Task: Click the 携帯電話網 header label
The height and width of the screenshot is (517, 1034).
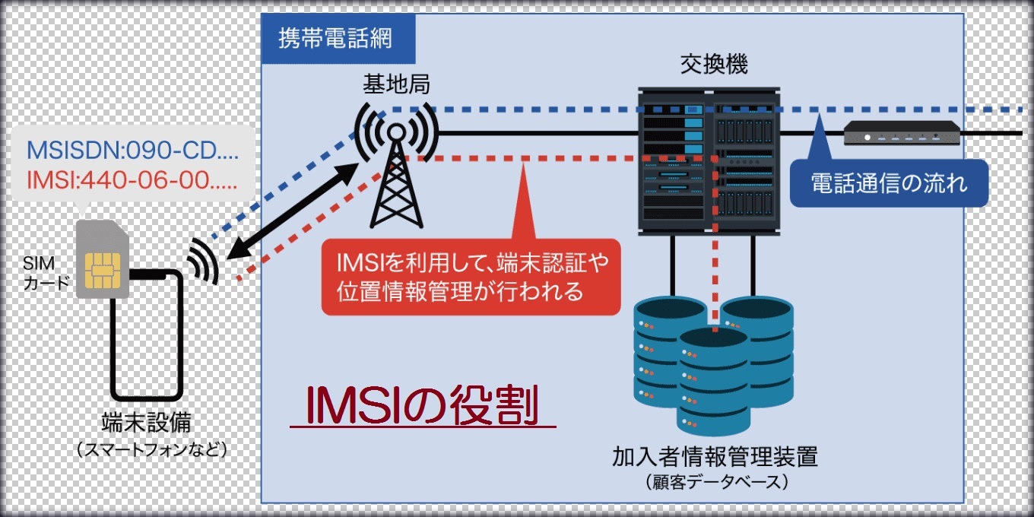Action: (335, 38)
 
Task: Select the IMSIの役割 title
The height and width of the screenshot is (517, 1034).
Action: (421, 406)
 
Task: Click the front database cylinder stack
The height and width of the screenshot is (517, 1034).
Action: (714, 381)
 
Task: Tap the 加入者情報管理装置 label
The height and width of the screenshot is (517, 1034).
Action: (715, 458)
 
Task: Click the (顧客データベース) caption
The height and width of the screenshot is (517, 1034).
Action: (715, 482)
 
